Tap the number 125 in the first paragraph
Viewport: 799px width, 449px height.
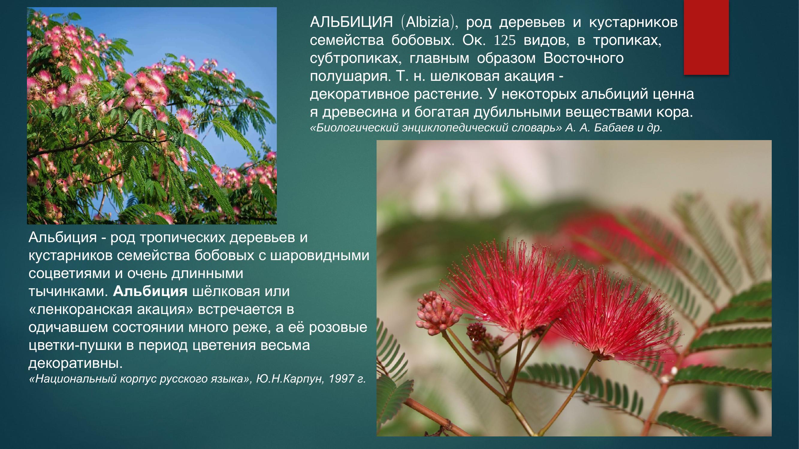[x=504, y=40]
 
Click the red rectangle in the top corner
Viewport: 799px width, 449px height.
[x=706, y=37]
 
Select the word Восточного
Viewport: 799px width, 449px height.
[x=583, y=58]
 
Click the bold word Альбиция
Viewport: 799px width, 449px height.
[x=150, y=291]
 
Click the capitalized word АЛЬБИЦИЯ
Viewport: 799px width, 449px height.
[x=351, y=22]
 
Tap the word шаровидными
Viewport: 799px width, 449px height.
[x=320, y=255]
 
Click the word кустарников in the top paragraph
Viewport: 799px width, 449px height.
[x=633, y=22]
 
